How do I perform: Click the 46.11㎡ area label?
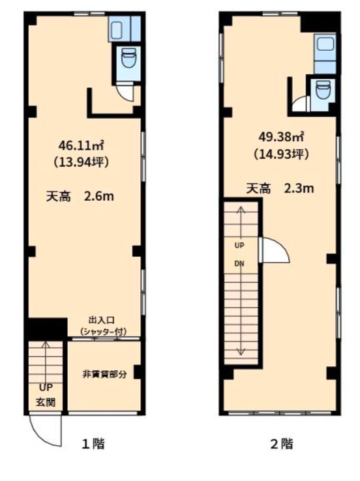click(x=81, y=145)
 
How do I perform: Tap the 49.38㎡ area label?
click(x=281, y=137)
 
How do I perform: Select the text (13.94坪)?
click(x=82, y=162)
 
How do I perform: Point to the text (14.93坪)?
click(x=281, y=154)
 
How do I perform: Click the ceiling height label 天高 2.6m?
click(x=80, y=196)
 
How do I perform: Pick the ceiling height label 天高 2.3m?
click(x=280, y=188)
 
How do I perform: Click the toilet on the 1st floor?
click(x=128, y=61)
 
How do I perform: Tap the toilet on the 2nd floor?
click(x=323, y=89)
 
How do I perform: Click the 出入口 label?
click(x=102, y=321)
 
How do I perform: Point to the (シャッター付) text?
click(x=103, y=332)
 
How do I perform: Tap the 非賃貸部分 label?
click(x=104, y=374)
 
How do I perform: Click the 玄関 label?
click(x=46, y=402)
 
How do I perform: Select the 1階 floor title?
click(x=93, y=444)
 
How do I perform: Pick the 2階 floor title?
click(x=282, y=444)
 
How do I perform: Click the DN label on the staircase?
click(x=239, y=263)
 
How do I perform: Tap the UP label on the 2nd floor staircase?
click(x=239, y=246)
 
